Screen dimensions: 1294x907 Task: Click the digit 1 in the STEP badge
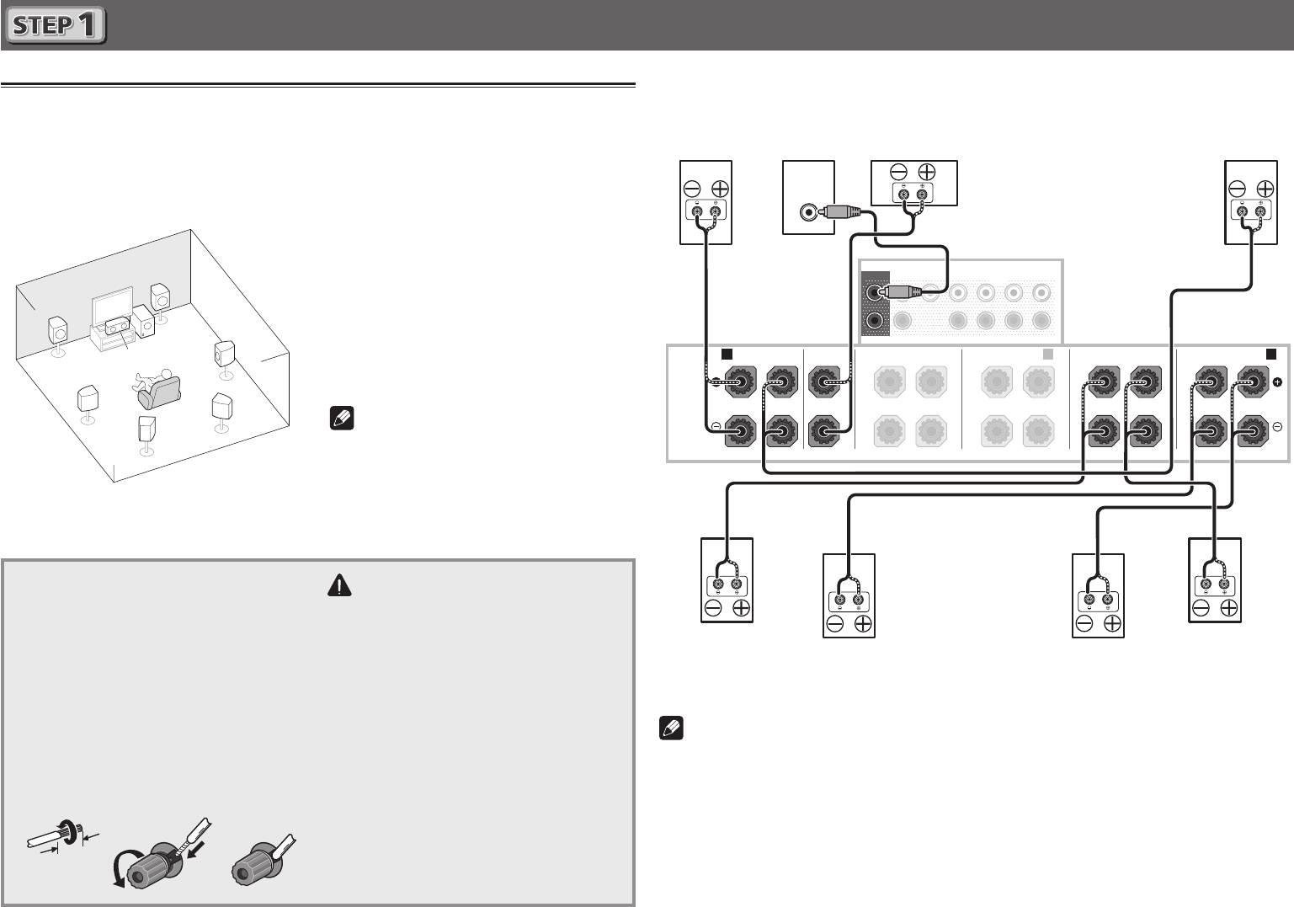click(88, 24)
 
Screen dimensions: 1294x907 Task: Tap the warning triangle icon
click(339, 584)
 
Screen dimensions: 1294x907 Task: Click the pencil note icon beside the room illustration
click(342, 418)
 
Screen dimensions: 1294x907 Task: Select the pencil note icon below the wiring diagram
click(671, 728)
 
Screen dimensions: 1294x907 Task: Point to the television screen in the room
click(112, 307)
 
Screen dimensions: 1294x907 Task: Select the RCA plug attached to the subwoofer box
click(842, 211)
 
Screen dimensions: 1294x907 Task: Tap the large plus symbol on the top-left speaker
click(720, 189)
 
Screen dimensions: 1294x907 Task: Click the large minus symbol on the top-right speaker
click(1236, 189)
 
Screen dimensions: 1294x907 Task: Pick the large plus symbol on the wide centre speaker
click(927, 172)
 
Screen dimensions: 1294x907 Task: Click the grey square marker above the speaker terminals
click(1048, 355)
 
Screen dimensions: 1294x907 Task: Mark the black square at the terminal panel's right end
click(1271, 354)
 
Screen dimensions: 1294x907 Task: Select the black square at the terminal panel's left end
click(727, 355)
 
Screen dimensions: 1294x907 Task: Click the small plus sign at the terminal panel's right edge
click(1277, 381)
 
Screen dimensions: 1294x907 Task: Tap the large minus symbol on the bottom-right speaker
click(1201, 608)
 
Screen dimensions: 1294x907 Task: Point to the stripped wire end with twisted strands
click(52, 835)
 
